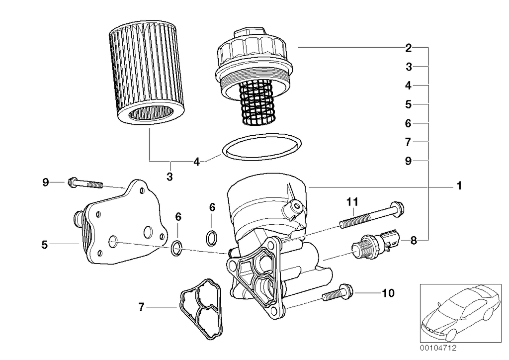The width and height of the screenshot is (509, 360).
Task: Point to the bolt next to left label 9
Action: (x=86, y=183)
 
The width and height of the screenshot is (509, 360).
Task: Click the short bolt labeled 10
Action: (x=338, y=294)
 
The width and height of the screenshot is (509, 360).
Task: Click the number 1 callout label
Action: (x=459, y=186)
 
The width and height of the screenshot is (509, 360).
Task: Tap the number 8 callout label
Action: (x=413, y=241)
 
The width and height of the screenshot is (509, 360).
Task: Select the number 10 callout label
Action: (x=388, y=293)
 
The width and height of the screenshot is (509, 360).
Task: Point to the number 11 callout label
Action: (x=352, y=201)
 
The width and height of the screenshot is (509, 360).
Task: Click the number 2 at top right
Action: (x=408, y=48)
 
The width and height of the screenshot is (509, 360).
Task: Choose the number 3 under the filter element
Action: (x=170, y=176)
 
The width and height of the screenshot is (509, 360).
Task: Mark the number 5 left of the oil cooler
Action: (x=45, y=244)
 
